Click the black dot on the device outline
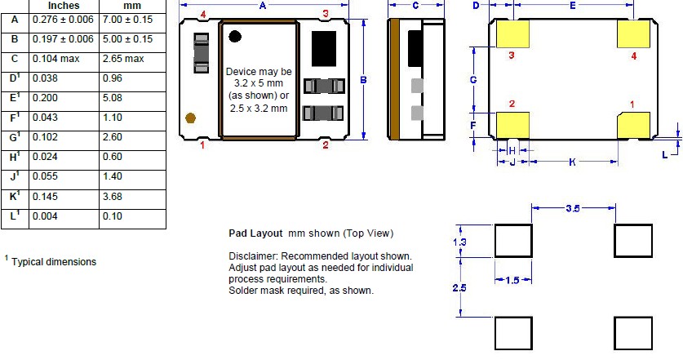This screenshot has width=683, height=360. click(235, 36)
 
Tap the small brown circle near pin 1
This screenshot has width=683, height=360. click(190, 118)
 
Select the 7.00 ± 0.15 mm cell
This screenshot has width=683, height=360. click(127, 20)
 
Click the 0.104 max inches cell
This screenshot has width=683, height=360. click(56, 59)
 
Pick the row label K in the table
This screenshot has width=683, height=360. click(15, 196)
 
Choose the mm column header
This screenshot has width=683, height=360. click(132, 6)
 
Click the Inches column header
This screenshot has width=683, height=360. click(64, 6)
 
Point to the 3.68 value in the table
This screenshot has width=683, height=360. click(113, 197)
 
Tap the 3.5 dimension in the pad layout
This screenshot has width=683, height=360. click(573, 208)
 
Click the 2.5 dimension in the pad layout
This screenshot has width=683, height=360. click(459, 287)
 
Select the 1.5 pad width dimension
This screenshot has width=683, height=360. click(512, 280)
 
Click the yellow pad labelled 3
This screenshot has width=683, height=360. click(513, 34)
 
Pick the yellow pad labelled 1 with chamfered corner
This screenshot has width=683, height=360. click(634, 126)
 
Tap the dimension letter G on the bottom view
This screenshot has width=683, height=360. click(473, 80)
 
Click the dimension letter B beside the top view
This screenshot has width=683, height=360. click(363, 80)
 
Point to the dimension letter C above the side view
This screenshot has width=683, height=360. click(415, 5)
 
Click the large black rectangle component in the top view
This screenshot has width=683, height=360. click(324, 49)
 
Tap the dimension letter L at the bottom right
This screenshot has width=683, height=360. click(665, 155)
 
